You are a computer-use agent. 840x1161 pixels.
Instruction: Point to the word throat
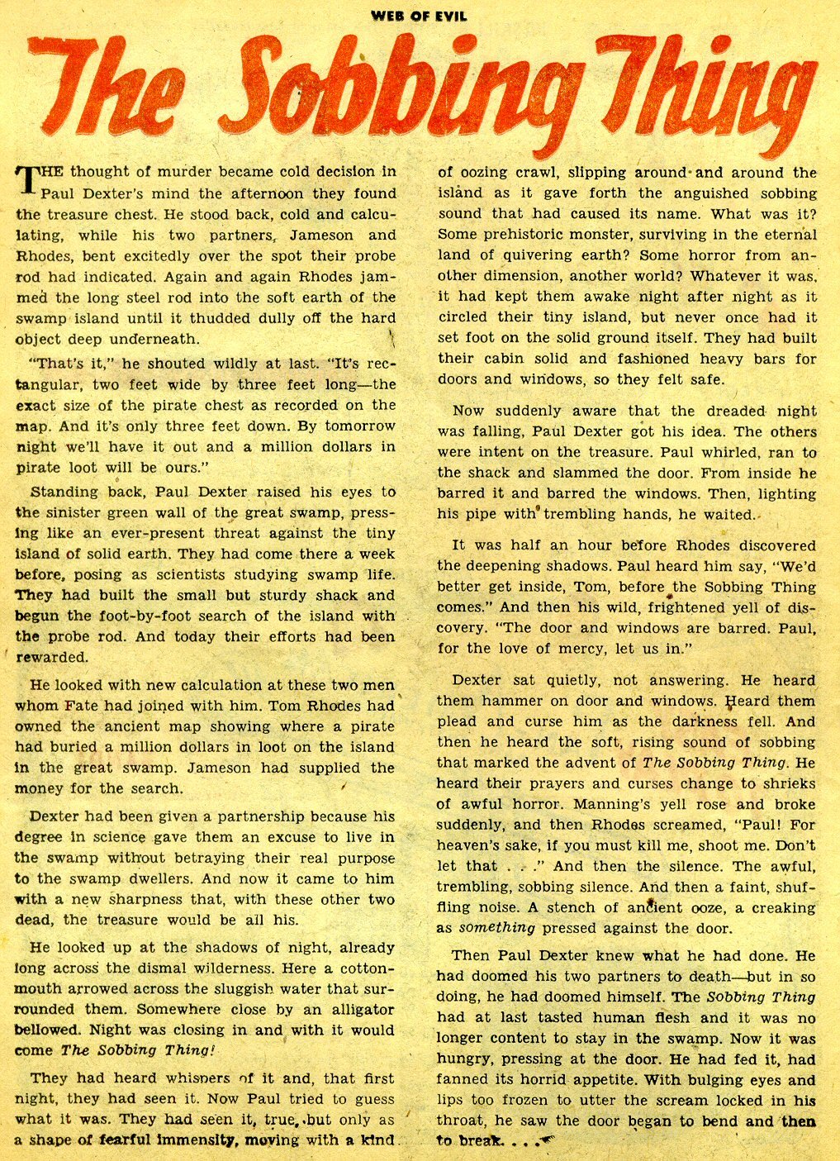click(465, 1121)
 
